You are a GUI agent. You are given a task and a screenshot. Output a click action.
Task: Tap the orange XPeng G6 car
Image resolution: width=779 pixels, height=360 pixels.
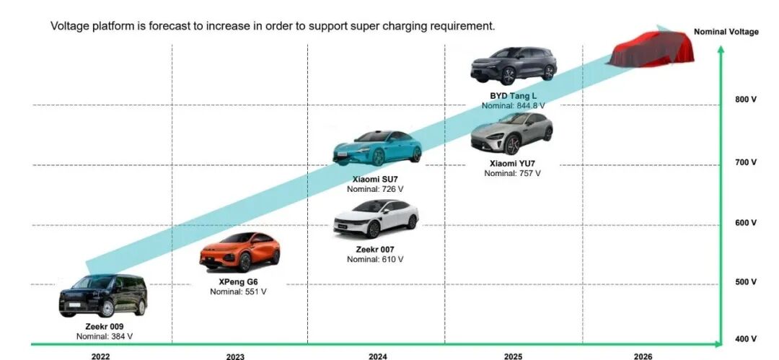(x=240, y=252)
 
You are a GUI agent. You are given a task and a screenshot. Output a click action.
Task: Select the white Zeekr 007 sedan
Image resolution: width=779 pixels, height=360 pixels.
(x=376, y=219)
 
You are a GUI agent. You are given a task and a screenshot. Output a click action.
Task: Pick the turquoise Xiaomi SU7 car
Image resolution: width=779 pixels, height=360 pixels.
(x=377, y=148)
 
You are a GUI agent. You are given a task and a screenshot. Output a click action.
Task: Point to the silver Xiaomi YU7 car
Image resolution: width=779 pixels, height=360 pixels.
(x=511, y=133)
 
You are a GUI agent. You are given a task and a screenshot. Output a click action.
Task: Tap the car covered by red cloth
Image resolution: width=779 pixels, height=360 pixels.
(x=651, y=49)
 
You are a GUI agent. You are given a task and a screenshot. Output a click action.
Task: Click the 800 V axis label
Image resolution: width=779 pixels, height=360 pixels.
(x=746, y=100)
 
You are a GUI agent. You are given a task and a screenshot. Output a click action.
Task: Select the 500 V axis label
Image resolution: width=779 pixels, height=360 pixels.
(x=746, y=282)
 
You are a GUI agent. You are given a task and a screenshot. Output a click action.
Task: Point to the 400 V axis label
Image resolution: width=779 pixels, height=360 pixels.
(x=746, y=339)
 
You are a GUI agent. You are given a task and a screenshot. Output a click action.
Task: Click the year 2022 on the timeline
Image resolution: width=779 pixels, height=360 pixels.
(x=101, y=356)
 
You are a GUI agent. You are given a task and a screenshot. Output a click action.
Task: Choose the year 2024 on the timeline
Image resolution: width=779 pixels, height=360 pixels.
(x=377, y=356)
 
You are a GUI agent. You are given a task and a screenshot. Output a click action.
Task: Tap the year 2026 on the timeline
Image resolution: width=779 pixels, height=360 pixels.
(x=643, y=356)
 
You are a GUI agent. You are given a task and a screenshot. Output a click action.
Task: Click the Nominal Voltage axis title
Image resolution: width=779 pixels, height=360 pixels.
(x=726, y=32)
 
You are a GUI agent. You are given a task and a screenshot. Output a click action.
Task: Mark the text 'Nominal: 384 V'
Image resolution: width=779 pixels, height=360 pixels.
(x=105, y=337)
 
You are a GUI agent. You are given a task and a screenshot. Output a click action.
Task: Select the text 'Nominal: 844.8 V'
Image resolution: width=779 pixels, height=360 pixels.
(x=513, y=106)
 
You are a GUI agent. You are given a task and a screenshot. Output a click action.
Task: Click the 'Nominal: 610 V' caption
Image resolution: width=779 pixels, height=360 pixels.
(x=375, y=260)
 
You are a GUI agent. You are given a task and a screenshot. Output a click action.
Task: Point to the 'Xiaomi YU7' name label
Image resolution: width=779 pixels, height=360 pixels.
(x=512, y=164)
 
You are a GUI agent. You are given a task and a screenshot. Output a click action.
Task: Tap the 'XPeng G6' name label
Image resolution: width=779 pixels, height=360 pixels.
(x=239, y=282)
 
